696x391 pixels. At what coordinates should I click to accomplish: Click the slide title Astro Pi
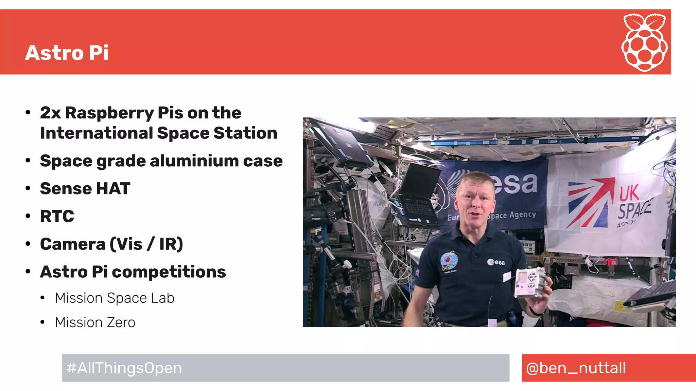67,53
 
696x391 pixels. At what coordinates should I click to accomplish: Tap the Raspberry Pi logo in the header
644,42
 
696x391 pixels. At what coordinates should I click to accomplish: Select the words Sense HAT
85,188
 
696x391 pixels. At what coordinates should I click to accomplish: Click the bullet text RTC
57,216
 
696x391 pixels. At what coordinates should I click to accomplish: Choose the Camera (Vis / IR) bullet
111,244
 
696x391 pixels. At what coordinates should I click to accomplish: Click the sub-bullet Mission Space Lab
115,298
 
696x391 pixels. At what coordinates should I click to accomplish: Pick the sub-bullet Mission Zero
95,322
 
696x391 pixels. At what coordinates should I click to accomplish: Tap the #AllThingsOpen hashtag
124,368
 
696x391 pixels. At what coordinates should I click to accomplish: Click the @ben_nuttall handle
576,368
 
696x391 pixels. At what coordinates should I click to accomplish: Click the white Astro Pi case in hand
530,282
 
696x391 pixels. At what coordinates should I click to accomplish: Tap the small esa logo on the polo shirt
496,262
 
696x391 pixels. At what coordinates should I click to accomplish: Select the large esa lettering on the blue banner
517,183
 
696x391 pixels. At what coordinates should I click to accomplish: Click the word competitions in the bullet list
169,272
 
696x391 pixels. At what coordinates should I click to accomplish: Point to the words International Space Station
158,133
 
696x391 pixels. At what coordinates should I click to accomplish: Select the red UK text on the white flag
629,193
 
